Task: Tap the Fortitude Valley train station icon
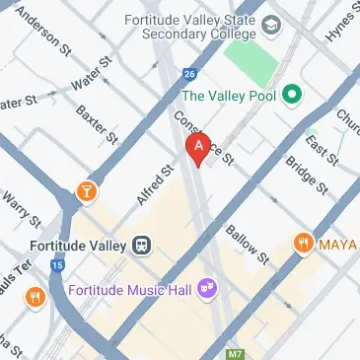pos(143,244)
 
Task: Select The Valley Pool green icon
pos(291,96)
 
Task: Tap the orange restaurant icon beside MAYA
pos(304,242)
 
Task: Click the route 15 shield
pos(58,264)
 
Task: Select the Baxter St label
pos(97,122)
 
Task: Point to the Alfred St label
pos(155,184)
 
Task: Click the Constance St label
pos(202,135)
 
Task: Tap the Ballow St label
pos(248,245)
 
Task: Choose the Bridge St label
pos(305,173)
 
